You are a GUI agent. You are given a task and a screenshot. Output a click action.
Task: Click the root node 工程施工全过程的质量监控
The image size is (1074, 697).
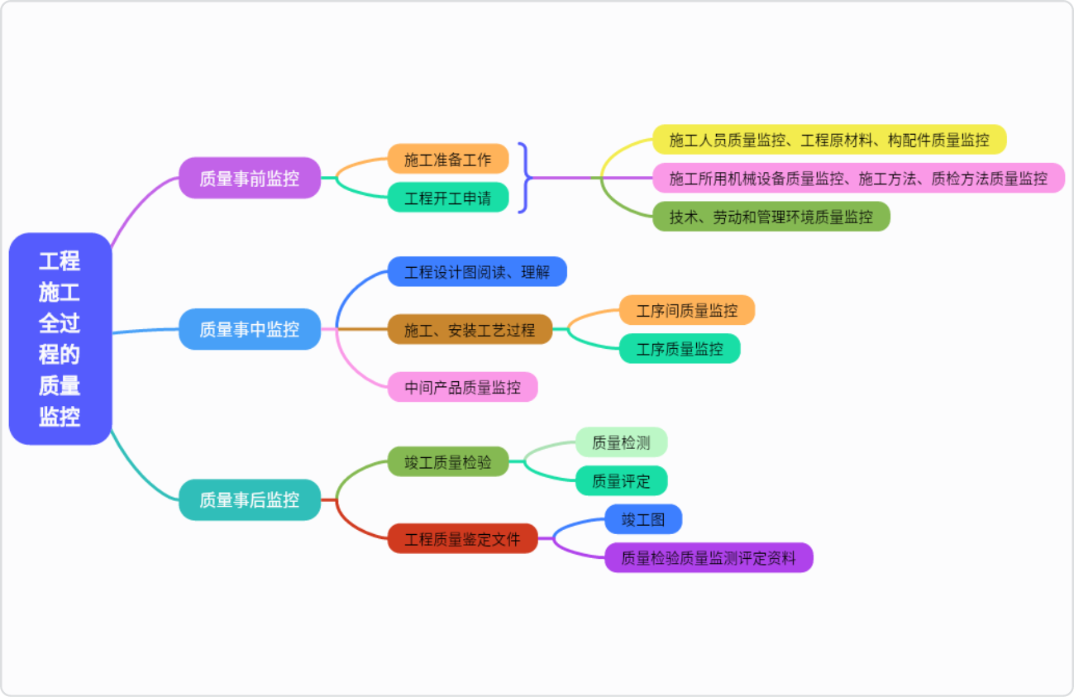coord(60,339)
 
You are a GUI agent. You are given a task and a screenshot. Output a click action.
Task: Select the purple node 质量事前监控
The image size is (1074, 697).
coord(249,178)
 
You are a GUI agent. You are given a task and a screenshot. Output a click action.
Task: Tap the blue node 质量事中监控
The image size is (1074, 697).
coord(249,329)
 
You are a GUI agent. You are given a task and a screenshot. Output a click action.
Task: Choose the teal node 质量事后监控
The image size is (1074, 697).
coord(249,499)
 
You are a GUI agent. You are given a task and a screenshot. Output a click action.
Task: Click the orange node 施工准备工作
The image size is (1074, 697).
coord(447,159)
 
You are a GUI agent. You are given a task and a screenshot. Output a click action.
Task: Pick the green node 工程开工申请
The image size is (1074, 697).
coord(447,198)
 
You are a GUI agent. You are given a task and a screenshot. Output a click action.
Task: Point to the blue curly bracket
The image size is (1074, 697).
coord(524,177)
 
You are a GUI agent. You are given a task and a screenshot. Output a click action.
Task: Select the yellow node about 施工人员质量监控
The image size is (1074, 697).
coord(828,140)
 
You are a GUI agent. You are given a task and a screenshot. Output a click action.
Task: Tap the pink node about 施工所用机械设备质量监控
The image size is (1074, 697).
coord(857,178)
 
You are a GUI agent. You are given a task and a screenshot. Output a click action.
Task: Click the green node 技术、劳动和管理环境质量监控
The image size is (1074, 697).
coord(771,217)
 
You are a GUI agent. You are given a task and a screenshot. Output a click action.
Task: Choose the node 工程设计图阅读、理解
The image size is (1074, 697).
coord(477,272)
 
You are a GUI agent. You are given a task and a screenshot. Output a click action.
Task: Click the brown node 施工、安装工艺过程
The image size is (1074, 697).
coord(470,330)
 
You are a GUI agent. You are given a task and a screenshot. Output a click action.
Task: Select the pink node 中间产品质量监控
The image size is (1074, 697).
coord(462,387)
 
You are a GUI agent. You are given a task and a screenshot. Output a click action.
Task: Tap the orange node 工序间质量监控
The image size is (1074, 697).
coord(686,311)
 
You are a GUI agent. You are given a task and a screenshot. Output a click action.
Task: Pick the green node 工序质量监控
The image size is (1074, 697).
coord(679,349)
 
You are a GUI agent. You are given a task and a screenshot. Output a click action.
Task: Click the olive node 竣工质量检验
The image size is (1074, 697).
coord(447,461)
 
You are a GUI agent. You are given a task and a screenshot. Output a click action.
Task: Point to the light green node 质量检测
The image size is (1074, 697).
coord(621,442)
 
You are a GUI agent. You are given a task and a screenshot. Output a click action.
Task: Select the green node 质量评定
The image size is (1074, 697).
coord(621,480)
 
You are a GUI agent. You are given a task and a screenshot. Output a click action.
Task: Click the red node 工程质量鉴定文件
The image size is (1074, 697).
coord(462,539)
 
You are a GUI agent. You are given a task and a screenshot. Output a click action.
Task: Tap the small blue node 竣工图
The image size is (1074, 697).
coord(643,519)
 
